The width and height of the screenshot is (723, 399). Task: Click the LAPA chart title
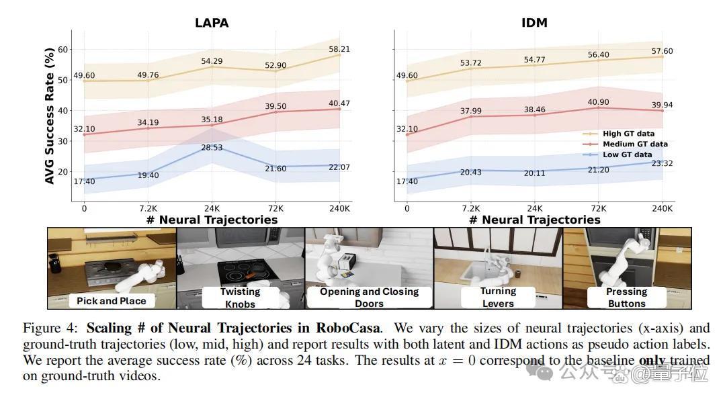212,23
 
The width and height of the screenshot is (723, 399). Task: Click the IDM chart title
534,23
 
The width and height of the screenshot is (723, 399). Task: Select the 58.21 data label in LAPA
339,49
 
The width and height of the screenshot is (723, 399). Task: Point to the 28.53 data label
212,147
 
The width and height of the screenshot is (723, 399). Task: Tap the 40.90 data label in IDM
598,102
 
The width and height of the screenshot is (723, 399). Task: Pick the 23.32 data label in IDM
662,163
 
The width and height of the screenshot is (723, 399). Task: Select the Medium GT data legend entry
626,144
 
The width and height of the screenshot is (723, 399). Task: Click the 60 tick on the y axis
62,49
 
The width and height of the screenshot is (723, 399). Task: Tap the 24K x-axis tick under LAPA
212,209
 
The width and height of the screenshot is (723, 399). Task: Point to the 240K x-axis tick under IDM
662,209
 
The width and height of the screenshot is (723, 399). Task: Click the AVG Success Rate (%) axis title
49,116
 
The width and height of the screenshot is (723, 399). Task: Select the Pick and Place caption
111,301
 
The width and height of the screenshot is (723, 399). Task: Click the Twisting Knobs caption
240,298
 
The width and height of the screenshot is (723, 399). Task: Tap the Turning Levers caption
498,297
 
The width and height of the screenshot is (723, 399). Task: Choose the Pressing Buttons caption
627,297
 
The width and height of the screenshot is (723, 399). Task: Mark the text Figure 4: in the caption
50,328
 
